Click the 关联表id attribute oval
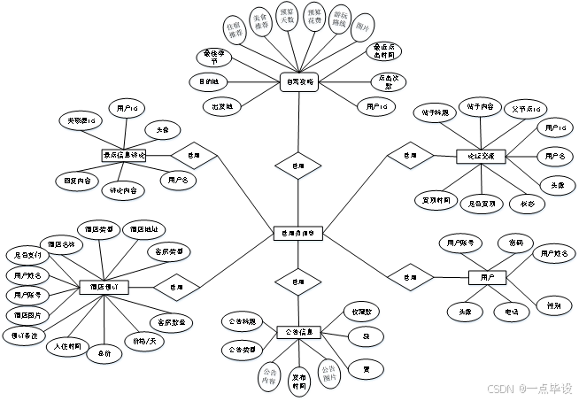click(x=80, y=120)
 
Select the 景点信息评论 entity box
click(x=124, y=155)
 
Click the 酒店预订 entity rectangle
click(x=104, y=288)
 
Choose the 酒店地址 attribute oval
click(x=143, y=228)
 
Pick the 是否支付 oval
click(x=27, y=255)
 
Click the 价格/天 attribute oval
click(x=144, y=340)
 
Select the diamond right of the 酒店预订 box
click(x=176, y=287)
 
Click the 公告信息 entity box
click(x=298, y=332)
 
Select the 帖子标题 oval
click(x=435, y=112)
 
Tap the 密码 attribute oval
click(x=510, y=242)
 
